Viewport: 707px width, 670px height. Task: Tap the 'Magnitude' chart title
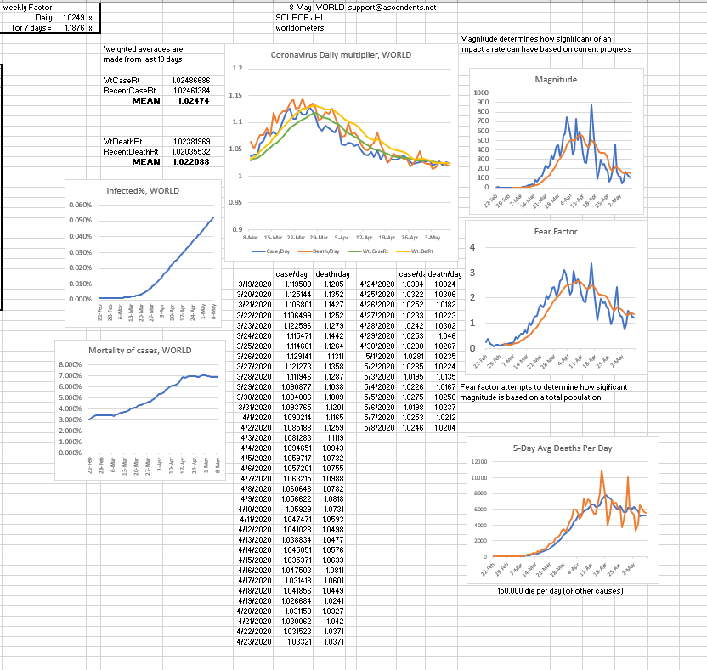coord(556,79)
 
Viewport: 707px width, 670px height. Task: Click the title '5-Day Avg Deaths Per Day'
coord(563,448)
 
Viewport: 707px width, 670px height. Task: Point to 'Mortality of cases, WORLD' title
coord(139,351)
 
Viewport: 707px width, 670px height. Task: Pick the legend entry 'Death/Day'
coord(322,251)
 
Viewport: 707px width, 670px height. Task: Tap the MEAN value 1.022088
coord(192,161)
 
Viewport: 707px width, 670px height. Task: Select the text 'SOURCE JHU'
coord(297,17)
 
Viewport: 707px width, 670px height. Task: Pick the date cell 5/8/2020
coord(377,428)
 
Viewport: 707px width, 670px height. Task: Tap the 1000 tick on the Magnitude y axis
coord(481,93)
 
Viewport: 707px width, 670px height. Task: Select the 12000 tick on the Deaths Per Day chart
coord(480,461)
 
